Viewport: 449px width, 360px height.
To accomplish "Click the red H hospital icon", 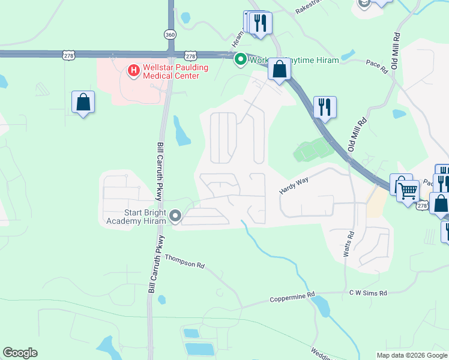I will [x=133, y=71].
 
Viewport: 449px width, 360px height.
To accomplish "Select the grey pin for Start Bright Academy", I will [x=175, y=215].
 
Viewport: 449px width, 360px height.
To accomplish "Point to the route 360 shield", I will [x=170, y=35].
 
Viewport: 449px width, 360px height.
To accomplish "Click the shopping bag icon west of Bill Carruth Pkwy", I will [x=83, y=103].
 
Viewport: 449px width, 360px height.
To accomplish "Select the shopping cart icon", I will [x=408, y=191].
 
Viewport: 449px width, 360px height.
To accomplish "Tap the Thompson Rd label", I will [x=185, y=262].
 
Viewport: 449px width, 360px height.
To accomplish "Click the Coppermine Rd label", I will [x=292, y=297].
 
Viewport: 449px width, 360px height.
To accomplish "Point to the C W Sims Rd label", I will [x=369, y=293].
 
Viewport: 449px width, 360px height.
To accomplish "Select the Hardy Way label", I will [x=293, y=185].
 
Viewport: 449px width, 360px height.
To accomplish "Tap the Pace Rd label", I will [x=377, y=67].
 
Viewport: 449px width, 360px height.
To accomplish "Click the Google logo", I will [x=20, y=353].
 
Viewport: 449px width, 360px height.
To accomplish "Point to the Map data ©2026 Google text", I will [x=412, y=355].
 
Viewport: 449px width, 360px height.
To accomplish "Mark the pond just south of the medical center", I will [x=181, y=131].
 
